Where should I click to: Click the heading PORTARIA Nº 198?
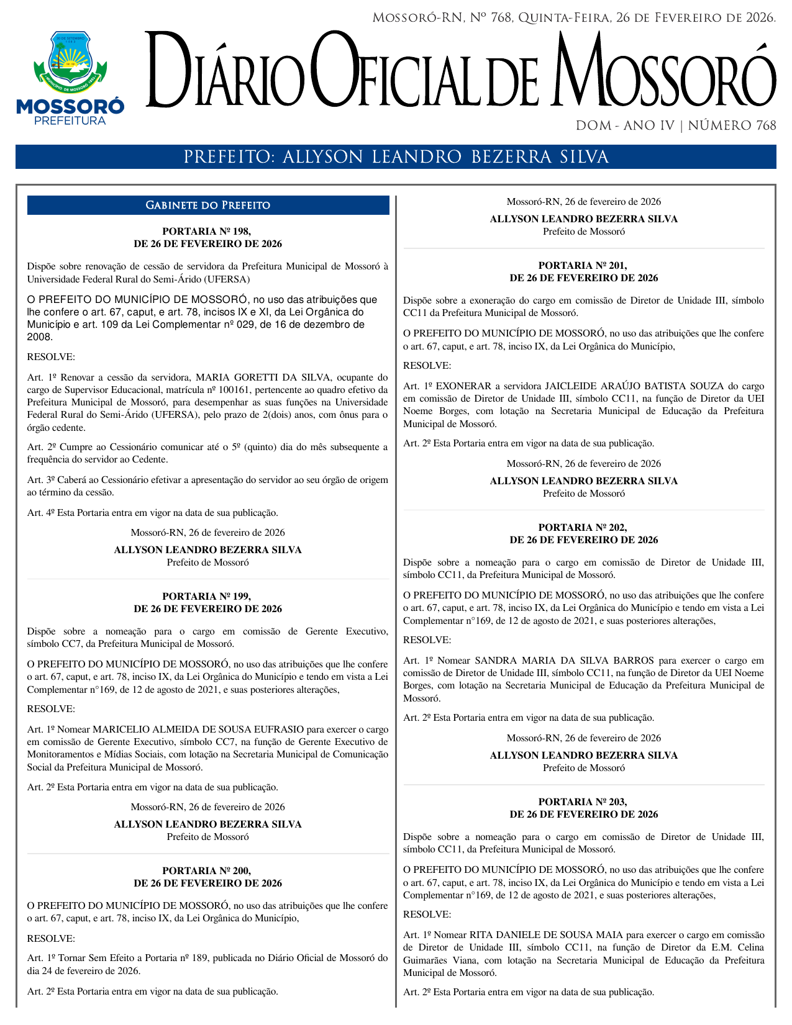pyautogui.click(x=207, y=231)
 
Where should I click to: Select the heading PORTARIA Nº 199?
pyautogui.click(x=207, y=596)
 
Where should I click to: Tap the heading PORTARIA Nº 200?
pyautogui.click(x=207, y=870)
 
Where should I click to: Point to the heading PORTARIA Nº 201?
pyautogui.click(x=583, y=265)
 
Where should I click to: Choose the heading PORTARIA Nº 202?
pyautogui.click(x=583, y=527)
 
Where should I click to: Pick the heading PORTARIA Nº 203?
pyautogui.click(x=583, y=801)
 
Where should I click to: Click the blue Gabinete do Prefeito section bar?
pyautogui.click(x=208, y=205)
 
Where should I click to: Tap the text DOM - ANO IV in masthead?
pyautogui.click(x=625, y=125)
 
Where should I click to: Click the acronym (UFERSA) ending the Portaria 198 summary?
pyautogui.click(x=227, y=279)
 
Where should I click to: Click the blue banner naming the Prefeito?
pyautogui.click(x=396, y=157)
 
